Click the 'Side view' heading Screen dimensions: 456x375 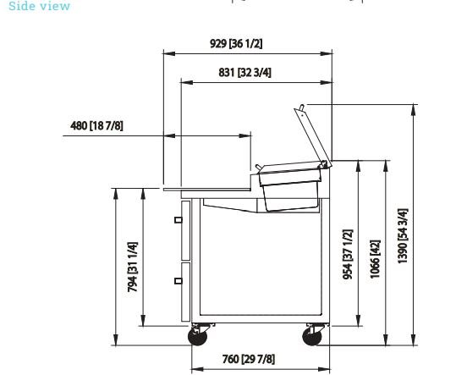[39, 6]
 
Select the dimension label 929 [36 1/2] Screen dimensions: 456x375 [236, 44]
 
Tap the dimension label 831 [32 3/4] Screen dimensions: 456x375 [244, 73]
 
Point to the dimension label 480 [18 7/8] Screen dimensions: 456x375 [96, 125]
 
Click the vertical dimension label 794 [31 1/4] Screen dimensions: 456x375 [132, 267]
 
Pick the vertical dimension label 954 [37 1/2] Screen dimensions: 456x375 [348, 254]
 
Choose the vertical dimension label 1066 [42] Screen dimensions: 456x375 [375, 259]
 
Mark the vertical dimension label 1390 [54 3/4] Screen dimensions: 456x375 [403, 236]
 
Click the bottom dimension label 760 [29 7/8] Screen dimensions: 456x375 [249, 359]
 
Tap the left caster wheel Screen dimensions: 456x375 [198, 336]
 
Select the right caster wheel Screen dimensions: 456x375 [312, 336]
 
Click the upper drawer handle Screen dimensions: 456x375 [179, 220]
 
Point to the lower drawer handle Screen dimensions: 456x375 [179, 281]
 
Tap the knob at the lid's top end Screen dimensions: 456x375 [302, 107]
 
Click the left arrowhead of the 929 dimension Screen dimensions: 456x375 [169, 53]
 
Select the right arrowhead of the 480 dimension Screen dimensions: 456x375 [244, 135]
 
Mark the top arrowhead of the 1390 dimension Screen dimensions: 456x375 [413, 110]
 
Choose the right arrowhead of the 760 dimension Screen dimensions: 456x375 [324, 369]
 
